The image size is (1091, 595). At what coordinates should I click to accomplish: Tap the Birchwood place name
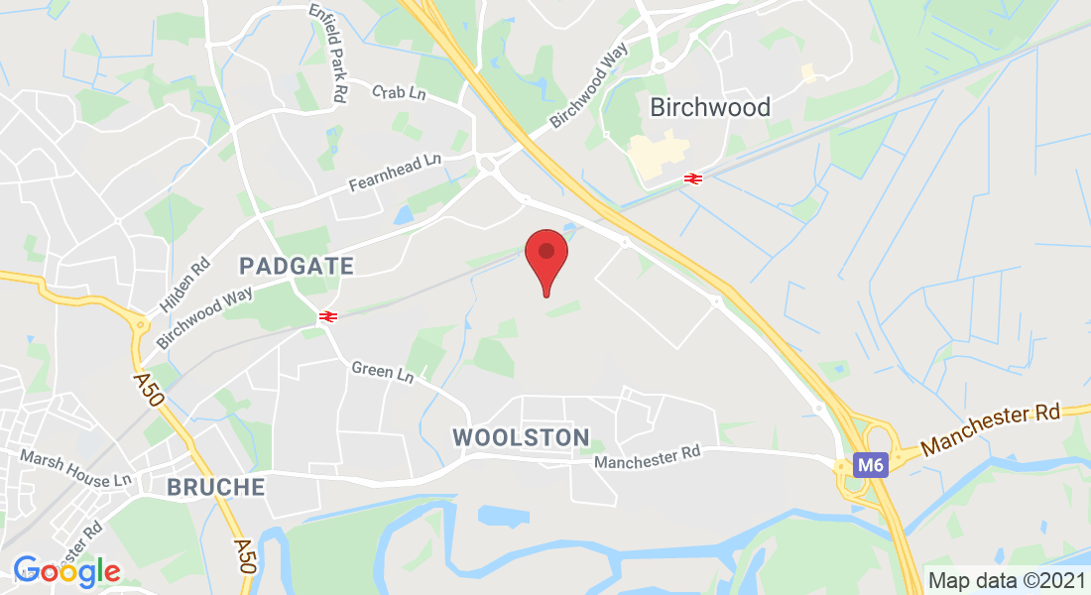(x=709, y=107)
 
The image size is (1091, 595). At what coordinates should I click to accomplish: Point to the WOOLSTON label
(x=521, y=437)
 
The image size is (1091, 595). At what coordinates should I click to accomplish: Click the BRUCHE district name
(x=216, y=487)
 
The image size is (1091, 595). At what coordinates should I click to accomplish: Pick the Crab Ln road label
(x=399, y=92)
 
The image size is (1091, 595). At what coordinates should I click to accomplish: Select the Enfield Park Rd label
(x=327, y=53)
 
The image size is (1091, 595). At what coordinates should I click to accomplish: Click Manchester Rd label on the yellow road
(x=992, y=429)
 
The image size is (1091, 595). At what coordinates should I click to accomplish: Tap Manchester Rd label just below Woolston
(x=648, y=457)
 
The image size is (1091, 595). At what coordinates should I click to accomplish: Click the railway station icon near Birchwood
(x=692, y=178)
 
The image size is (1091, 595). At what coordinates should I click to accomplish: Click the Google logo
(x=66, y=571)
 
